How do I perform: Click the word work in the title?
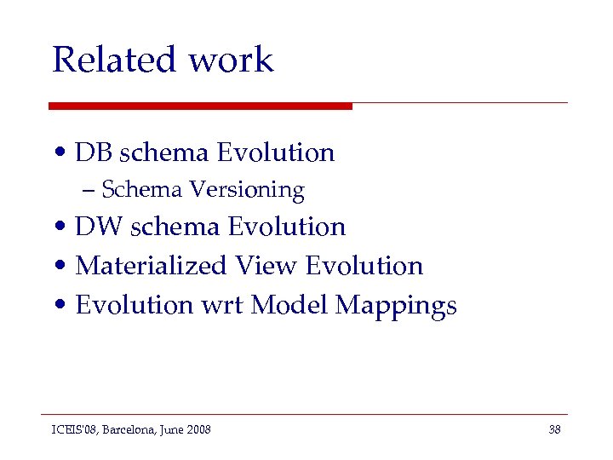click(231, 60)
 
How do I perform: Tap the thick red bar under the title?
click(200, 106)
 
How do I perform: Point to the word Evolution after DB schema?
click(276, 152)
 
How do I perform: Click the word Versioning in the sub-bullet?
click(247, 189)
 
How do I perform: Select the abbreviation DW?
click(99, 227)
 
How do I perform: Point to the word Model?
click(289, 305)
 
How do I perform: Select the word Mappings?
click(396, 306)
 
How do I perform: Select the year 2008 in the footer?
click(198, 429)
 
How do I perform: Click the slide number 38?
click(554, 429)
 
